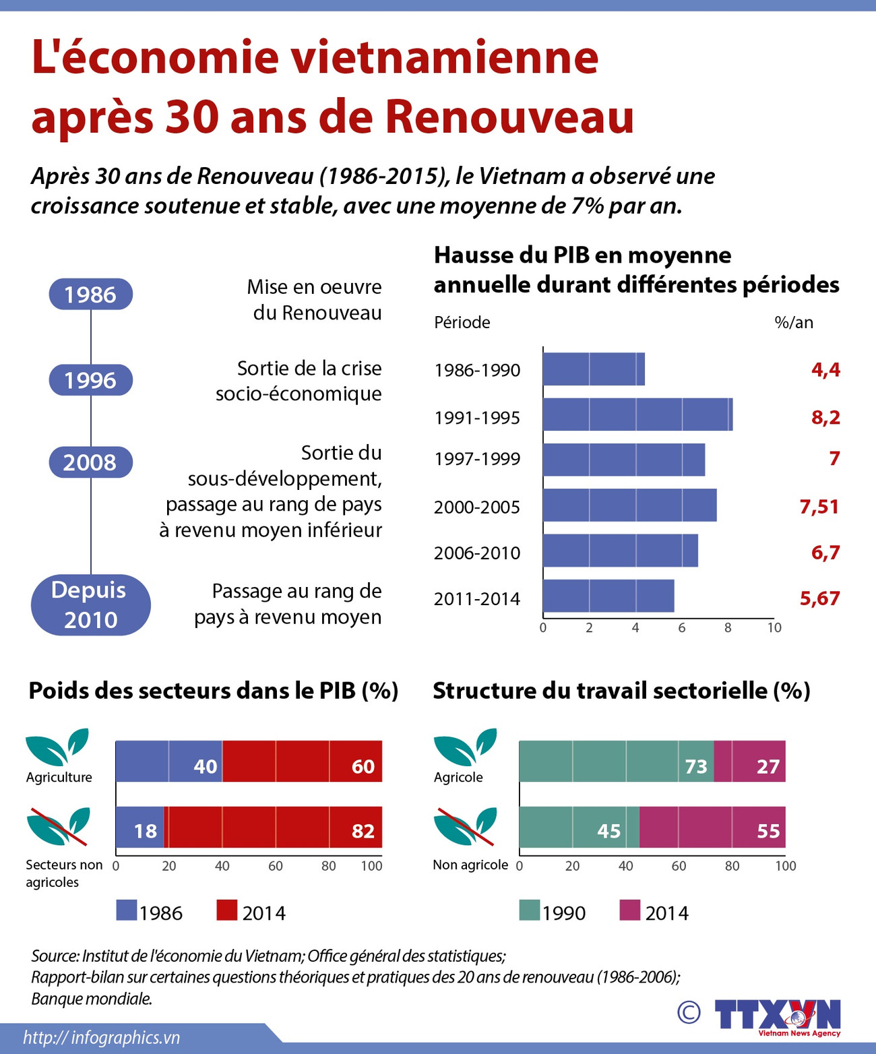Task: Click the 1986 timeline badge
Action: (90, 294)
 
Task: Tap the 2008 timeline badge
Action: (90, 462)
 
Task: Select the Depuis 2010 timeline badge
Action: (90, 604)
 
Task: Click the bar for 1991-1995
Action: (637, 414)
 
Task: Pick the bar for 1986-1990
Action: (593, 369)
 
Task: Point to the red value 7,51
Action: (819, 506)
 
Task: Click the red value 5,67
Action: (819, 598)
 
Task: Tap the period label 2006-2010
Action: (477, 553)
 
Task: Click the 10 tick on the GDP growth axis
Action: (774, 627)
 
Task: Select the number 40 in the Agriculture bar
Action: (206, 766)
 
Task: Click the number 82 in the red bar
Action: (363, 831)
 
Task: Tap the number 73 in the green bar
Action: (696, 766)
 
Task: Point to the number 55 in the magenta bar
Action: (768, 831)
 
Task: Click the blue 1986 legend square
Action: (127, 910)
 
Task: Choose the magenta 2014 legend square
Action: (629, 910)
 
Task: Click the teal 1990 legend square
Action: (530, 910)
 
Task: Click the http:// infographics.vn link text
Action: (102, 1037)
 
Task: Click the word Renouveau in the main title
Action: (509, 116)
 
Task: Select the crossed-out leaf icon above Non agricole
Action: (464, 826)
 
